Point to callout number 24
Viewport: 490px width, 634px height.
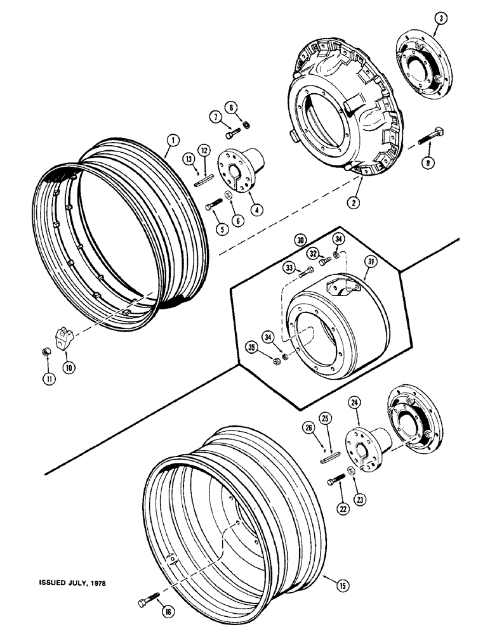354,402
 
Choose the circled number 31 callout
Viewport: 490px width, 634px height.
388,261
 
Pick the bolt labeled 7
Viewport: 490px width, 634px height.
232,134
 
